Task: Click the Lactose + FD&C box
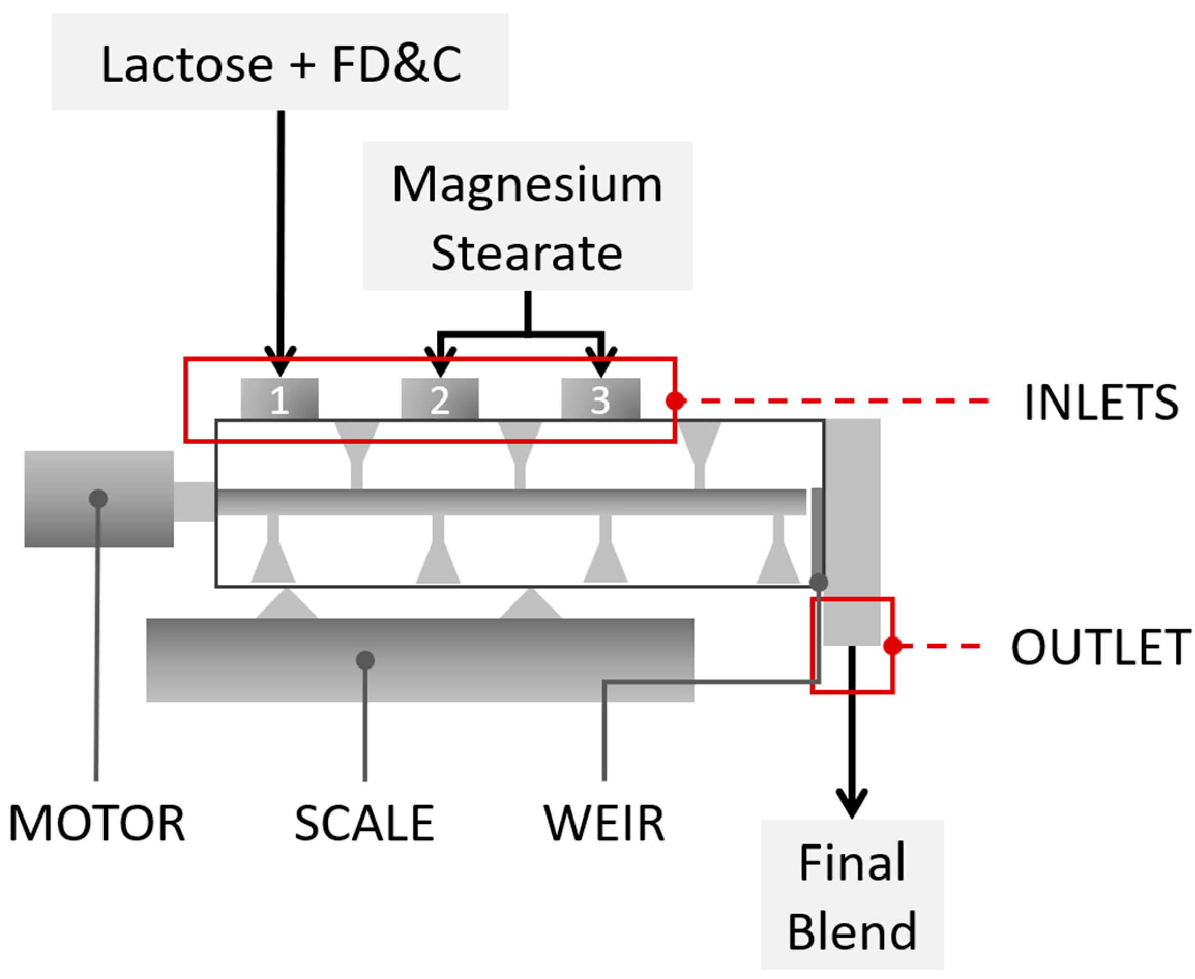pos(281,62)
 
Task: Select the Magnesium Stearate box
pos(527,216)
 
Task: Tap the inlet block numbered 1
pos(279,399)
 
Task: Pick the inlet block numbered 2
pos(440,399)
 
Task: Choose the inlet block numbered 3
pos(600,399)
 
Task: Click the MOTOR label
pos(97,824)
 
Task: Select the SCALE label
pos(364,824)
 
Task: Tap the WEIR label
pos(604,824)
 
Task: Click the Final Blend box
pos(852,897)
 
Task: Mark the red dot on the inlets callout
pos(675,401)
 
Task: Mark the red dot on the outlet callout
pos(892,646)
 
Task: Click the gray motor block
pos(99,499)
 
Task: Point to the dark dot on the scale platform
pos(365,660)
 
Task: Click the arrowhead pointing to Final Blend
pos(851,804)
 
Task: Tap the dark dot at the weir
pos(819,582)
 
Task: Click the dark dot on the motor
pos(98,498)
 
